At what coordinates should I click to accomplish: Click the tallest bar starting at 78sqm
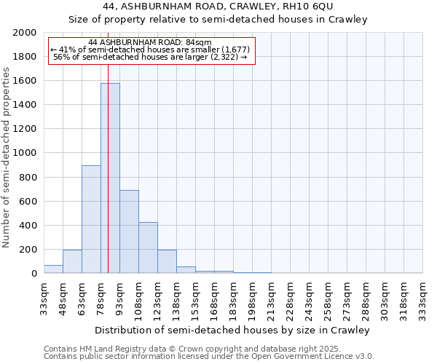pos(110,178)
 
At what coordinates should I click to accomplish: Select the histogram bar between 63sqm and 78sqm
pos(91,219)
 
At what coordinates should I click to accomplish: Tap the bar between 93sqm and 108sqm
pos(129,232)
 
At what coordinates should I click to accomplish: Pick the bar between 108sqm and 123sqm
pos(148,248)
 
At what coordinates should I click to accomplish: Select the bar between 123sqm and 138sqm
pos(167,261)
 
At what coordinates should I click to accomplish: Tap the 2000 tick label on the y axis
pos(25,33)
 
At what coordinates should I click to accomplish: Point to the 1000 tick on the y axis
pos(25,153)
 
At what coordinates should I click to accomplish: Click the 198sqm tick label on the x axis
pos(253,298)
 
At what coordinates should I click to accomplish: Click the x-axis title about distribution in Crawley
pos(233,330)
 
